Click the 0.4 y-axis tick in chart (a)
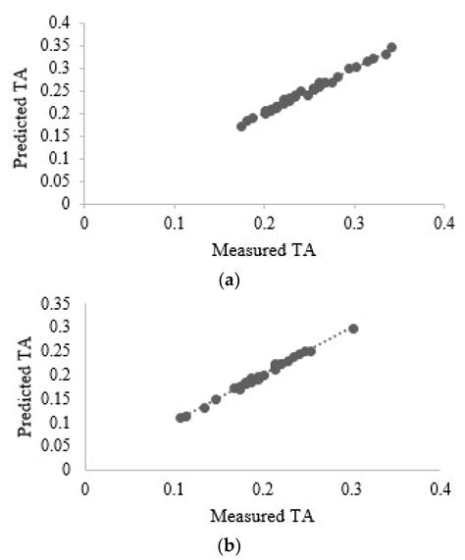61,22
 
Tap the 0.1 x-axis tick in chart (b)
174,487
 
